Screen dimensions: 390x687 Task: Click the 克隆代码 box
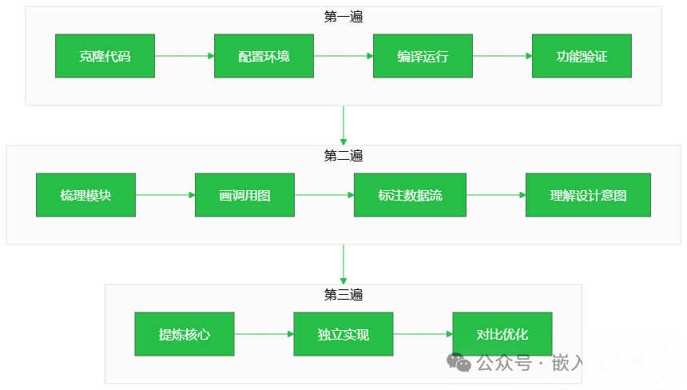[105, 56]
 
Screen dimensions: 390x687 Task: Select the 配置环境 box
[264, 56]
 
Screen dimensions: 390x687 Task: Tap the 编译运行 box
[423, 56]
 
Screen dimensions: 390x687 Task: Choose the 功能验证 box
[582, 56]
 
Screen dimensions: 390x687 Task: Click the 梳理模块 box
[85, 195]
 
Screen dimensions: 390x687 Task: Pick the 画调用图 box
[244, 195]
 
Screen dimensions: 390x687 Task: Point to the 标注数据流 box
[410, 195]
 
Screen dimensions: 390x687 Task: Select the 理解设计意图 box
[588, 195]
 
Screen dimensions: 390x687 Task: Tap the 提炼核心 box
[185, 334]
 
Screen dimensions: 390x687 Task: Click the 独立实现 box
[343, 334]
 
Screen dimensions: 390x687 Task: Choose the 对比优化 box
[502, 334]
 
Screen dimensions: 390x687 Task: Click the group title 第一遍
[343, 16]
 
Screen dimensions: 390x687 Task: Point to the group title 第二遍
[343, 156]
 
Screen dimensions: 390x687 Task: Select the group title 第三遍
[343, 295]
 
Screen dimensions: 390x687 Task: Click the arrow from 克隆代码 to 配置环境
[185, 56]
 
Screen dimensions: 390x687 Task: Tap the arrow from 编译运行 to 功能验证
[502, 56]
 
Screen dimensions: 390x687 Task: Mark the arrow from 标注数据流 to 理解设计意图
[495, 195]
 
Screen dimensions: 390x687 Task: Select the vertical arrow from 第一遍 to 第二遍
[343, 125]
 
